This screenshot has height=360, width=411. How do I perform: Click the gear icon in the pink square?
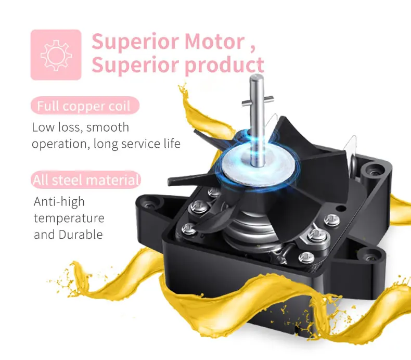(56, 55)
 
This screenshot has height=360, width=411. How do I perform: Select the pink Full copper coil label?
(85, 106)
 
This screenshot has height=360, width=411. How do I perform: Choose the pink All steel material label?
(86, 181)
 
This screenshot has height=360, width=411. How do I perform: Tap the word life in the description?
(171, 144)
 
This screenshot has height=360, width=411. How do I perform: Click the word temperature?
(69, 218)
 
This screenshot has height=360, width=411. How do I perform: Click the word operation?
(59, 144)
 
